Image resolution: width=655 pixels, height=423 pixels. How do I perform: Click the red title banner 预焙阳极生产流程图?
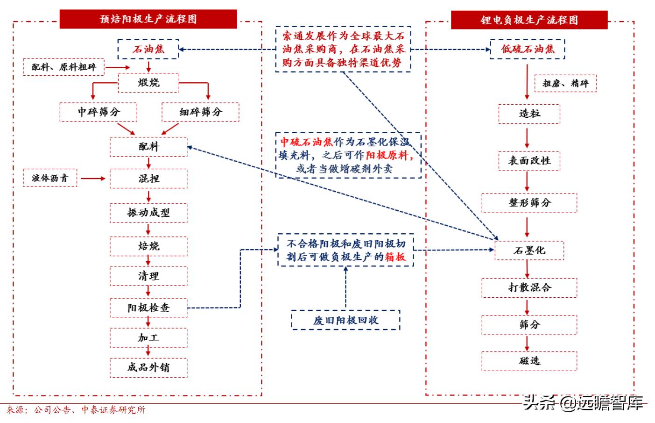click(148, 19)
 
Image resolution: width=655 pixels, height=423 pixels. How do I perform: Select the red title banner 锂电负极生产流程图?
click(529, 20)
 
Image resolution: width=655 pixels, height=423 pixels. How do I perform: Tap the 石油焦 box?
click(148, 49)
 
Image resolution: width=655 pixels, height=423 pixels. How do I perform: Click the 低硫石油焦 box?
click(527, 49)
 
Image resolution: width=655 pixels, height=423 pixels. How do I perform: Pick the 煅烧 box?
click(148, 83)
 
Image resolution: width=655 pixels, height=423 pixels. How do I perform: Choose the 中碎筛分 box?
click(99, 112)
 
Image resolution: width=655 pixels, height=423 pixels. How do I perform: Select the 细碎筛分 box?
click(200, 112)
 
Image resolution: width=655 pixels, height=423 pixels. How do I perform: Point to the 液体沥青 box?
click(50, 178)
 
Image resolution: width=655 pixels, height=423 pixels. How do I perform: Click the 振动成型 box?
click(148, 213)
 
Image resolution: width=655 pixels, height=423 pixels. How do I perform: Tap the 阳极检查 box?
click(148, 308)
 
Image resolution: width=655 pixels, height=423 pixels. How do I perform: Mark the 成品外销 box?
click(148, 367)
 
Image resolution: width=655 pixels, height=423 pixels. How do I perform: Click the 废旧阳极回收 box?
click(345, 320)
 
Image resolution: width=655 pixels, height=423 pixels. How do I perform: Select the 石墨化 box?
click(529, 251)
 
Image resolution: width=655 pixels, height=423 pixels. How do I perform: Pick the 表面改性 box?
click(529, 161)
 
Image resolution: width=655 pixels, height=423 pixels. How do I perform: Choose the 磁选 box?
click(529, 361)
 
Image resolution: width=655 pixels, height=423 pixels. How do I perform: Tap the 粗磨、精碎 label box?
click(565, 83)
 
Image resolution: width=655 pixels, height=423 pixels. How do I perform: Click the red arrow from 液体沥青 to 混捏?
click(93, 179)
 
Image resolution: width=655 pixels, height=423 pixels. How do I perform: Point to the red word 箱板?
click(395, 257)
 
